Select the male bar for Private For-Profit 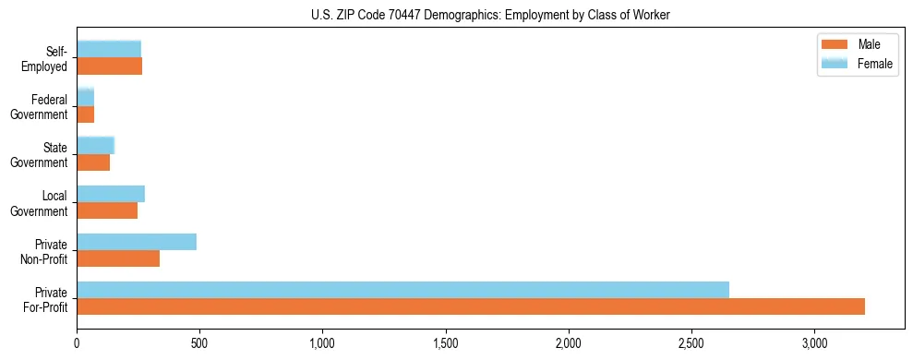(x=471, y=306)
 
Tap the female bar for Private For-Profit (x=402, y=290)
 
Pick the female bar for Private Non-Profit (x=137, y=242)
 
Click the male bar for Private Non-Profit (x=118, y=258)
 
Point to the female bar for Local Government (x=111, y=194)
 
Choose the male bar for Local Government (x=107, y=210)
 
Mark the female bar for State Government (x=95, y=145)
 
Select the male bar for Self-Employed (x=109, y=66)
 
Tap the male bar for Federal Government (x=85, y=114)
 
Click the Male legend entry (x=859, y=45)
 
